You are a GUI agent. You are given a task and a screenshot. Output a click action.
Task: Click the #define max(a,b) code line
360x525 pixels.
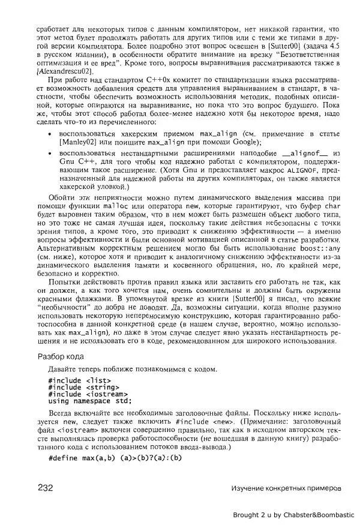(114, 458)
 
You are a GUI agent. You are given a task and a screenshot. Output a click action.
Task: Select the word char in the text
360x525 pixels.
(333, 206)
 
